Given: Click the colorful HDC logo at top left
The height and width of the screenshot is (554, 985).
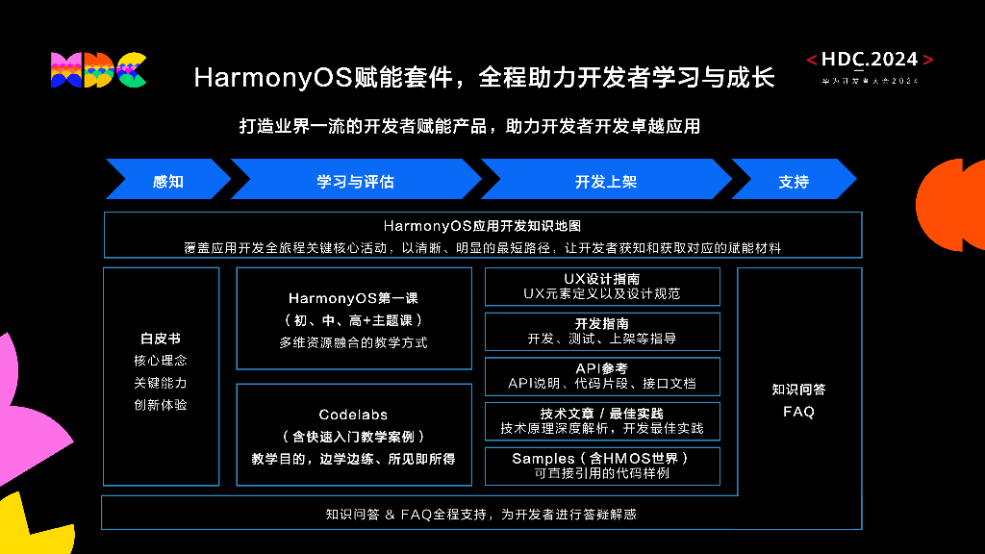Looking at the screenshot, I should [x=98, y=70].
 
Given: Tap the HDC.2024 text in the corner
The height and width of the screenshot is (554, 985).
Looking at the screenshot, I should [x=870, y=60].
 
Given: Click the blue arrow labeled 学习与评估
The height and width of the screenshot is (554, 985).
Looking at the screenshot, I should [x=355, y=181].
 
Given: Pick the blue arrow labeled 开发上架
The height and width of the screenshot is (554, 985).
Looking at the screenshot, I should [x=605, y=181].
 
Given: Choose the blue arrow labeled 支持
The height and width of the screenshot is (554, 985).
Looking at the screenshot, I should [x=793, y=181].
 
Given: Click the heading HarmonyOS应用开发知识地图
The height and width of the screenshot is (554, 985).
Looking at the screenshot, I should [x=482, y=226].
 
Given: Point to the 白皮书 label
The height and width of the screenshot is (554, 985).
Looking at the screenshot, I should [x=161, y=339].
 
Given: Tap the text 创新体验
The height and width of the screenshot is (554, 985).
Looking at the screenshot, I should [x=161, y=405].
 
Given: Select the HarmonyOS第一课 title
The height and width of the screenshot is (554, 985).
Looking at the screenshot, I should [x=353, y=298].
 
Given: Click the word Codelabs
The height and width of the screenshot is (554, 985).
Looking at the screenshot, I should [x=353, y=415].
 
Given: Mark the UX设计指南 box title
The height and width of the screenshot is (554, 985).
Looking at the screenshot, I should [x=602, y=279].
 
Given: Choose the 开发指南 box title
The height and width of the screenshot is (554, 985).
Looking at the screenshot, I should [x=602, y=323].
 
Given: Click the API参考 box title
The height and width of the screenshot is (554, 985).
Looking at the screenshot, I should [x=602, y=368].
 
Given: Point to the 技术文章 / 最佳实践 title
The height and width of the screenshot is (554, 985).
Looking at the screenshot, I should [x=602, y=413].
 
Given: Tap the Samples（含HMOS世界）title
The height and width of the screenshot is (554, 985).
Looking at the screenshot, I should [x=602, y=458].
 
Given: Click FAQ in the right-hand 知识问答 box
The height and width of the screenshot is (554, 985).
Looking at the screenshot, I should [x=798, y=412].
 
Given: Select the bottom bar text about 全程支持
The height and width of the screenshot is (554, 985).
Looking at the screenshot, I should [x=481, y=515].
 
